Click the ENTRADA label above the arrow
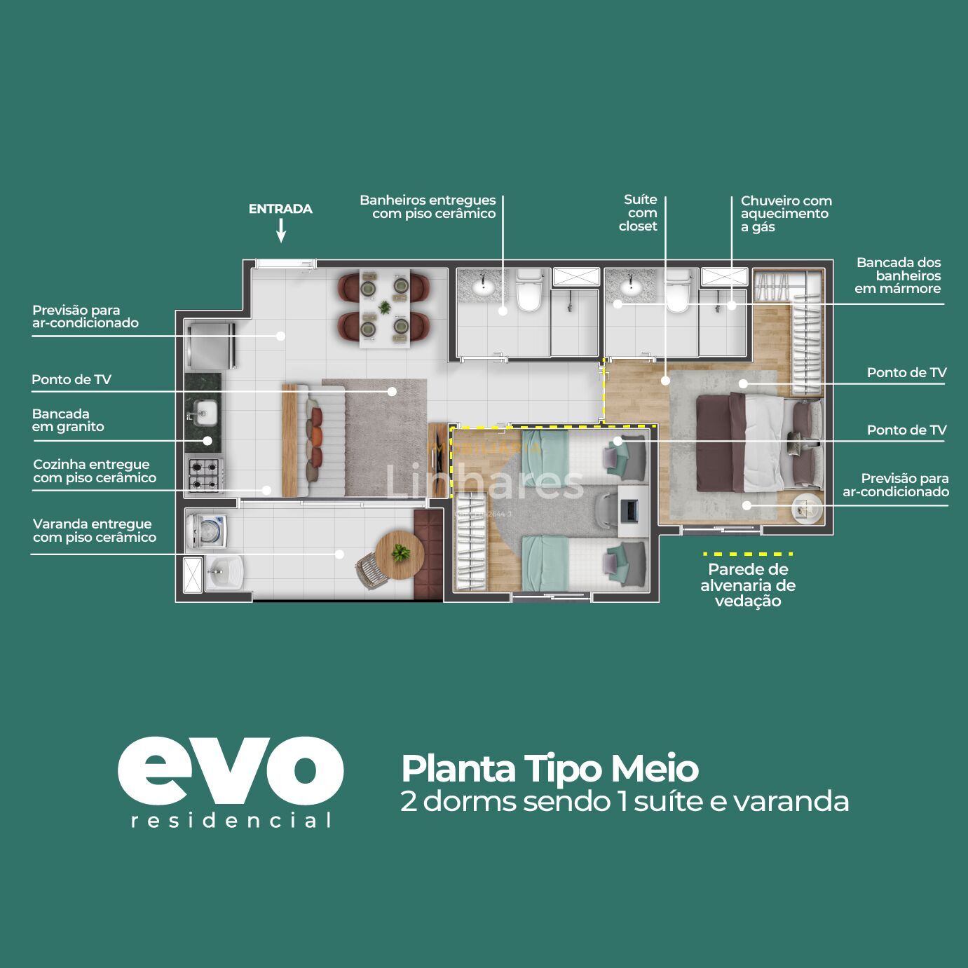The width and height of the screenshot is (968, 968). click(280, 209)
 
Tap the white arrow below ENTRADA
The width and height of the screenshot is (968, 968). click(280, 230)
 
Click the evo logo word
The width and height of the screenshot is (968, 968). click(230, 770)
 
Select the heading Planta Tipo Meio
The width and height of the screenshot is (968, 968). click(550, 768)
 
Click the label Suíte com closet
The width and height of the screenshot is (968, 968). click(639, 213)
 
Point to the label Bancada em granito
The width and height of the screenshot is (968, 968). click(68, 421)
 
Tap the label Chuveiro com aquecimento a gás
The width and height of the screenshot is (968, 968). click(785, 214)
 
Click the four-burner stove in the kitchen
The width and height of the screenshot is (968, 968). click(205, 475)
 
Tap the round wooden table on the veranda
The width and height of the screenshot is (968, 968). click(400, 554)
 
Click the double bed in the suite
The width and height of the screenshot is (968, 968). click(757, 444)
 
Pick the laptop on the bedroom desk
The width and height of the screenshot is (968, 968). click(629, 510)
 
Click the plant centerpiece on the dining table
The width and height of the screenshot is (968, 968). click(385, 307)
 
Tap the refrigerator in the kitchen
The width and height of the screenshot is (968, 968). click(210, 345)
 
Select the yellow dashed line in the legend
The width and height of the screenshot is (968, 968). click(747, 554)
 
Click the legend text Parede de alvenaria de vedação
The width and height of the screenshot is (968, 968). click(747, 585)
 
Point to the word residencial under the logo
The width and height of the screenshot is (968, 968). click(231, 821)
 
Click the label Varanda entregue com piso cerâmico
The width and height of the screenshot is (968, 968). click(95, 531)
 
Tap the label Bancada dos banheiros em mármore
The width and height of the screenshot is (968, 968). click(898, 275)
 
